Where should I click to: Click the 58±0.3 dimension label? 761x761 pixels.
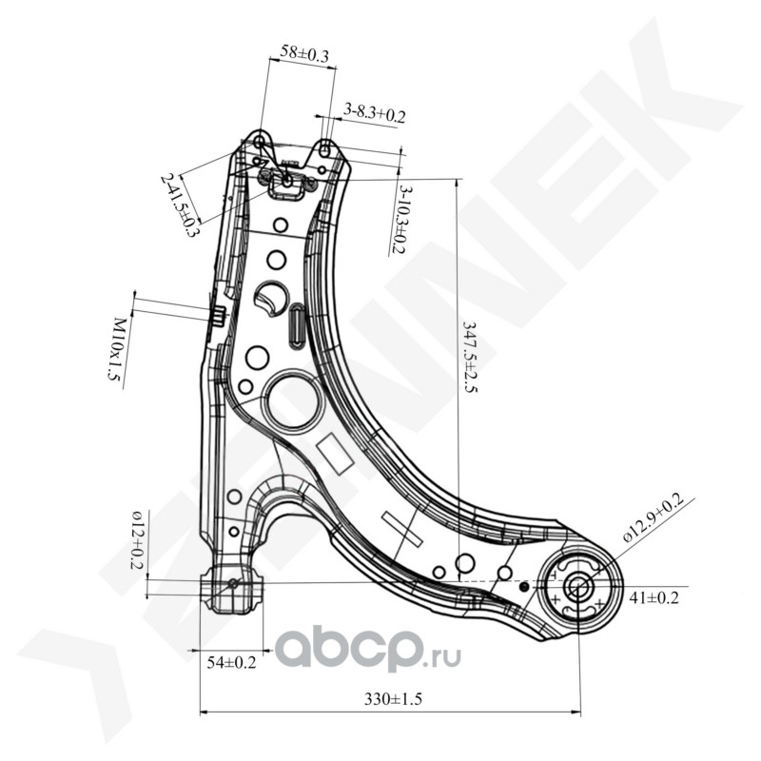point(304,56)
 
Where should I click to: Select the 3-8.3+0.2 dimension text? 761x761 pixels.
point(375,114)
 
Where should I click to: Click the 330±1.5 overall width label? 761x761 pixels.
point(393,699)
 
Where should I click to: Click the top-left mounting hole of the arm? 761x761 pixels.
point(260,143)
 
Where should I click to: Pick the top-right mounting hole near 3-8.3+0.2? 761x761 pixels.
point(325,149)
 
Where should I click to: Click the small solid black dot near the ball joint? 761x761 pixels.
point(524,586)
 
